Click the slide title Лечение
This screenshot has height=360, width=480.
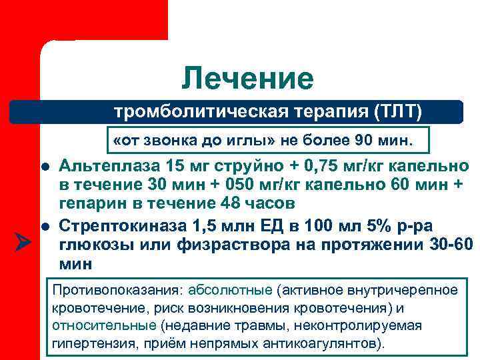[x=247, y=79]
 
